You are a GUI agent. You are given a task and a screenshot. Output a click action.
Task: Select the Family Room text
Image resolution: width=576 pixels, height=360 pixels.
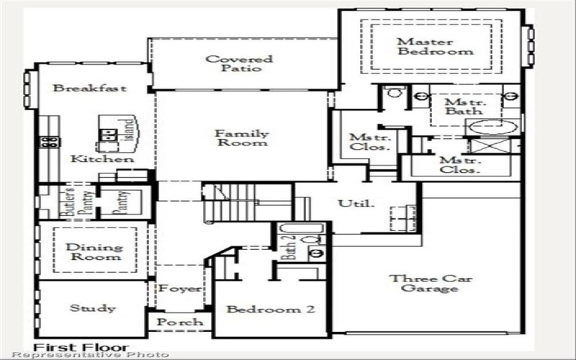pos(241,138)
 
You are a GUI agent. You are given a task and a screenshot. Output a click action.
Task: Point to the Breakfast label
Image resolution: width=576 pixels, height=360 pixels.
pos(90,89)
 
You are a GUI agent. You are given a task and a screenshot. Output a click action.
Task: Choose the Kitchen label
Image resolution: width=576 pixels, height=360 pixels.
pos(102,158)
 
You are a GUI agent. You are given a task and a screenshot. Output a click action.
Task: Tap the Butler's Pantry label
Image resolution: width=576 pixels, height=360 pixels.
pos(72,202)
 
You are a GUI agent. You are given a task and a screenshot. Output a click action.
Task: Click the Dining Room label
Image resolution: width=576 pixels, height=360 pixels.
pos(94,252)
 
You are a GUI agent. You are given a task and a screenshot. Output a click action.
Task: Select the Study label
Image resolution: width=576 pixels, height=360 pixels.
pos(92,309)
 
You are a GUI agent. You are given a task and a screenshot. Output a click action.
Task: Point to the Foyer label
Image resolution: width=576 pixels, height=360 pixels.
pos(180,289)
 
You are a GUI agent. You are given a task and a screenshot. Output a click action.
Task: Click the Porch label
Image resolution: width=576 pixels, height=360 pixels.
pos(180,322)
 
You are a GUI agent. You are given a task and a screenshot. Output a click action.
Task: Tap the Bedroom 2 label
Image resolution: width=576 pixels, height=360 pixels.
pos(271,310)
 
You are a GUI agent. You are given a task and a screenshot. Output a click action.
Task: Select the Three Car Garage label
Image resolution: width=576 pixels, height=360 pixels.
pos(423,283)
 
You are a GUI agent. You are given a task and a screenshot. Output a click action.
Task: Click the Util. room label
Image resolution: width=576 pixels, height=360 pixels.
pos(357,204)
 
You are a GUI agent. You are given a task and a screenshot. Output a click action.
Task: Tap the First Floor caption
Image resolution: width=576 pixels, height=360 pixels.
pos(81,347)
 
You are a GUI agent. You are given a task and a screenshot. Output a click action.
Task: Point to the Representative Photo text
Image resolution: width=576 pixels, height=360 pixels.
pos(90,356)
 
